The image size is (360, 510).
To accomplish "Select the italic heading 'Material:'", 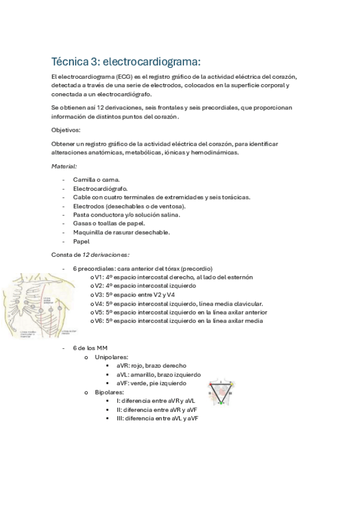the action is [x=64, y=165].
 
